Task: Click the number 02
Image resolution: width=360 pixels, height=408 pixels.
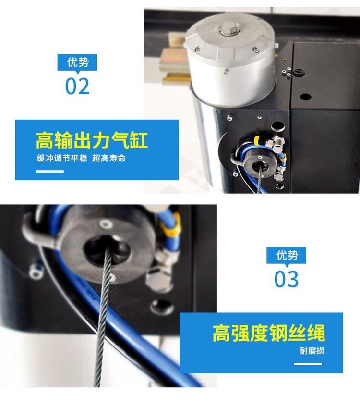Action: pos(77,86)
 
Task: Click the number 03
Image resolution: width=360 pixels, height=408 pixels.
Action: pos(286,279)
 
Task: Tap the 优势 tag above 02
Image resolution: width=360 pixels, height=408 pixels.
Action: pos(77,62)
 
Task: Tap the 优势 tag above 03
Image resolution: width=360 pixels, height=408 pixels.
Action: pos(286,255)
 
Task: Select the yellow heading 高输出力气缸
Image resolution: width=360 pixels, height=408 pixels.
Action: pos(92,140)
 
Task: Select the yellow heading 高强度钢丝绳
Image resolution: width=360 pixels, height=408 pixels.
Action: pos(269,333)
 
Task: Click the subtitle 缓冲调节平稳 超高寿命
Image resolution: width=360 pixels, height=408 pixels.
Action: pos(81,158)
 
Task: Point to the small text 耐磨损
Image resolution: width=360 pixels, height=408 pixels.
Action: pos(312,351)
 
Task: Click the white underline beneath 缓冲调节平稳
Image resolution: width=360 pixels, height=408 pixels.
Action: pos(49,171)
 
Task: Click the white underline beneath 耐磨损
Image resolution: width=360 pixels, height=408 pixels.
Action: pos(308,364)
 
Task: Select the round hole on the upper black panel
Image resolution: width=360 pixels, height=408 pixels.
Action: pos(305,97)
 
